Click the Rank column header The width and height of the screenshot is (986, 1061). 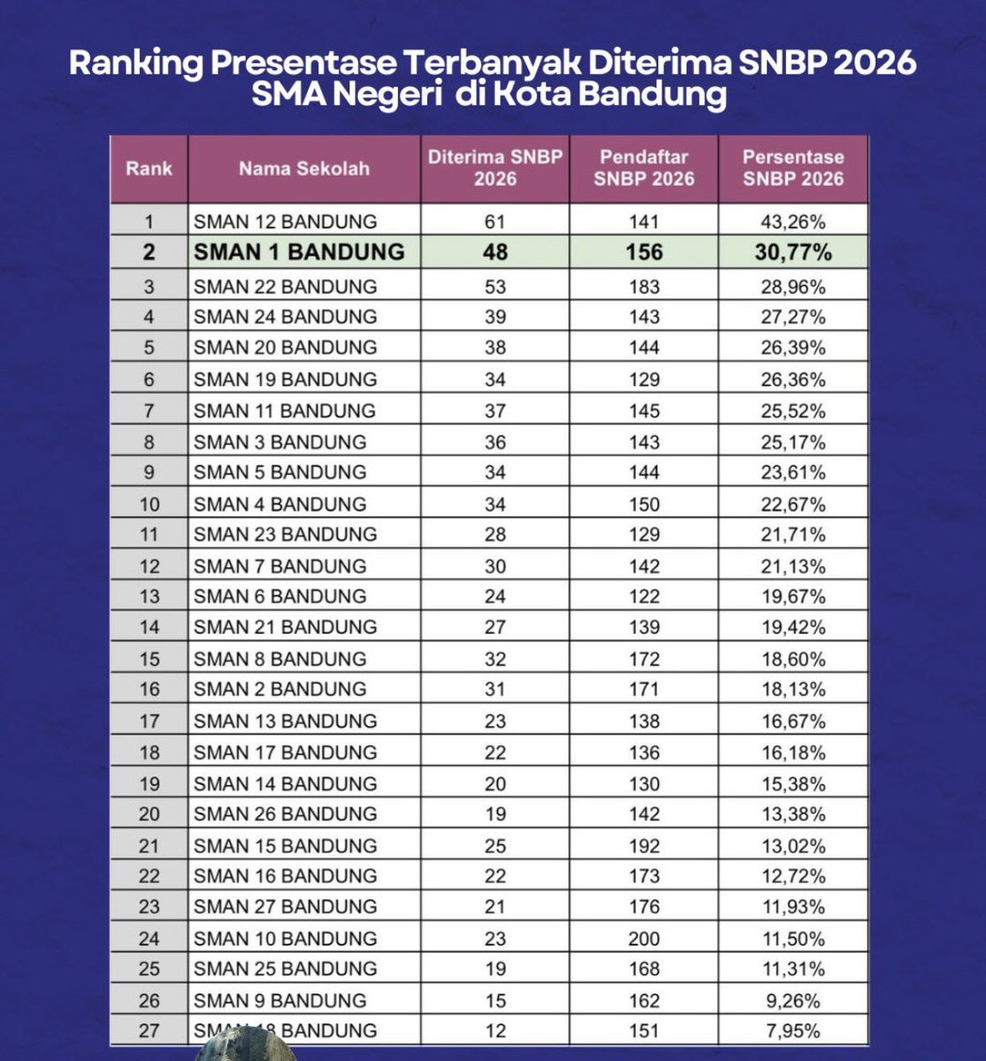149,168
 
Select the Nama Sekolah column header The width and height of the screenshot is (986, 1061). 303,168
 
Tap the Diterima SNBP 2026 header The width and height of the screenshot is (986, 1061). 495,168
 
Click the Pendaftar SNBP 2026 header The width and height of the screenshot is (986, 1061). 644,168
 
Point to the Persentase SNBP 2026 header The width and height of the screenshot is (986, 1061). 793,168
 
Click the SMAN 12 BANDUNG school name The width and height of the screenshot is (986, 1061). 286,221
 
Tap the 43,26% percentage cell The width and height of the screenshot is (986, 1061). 793,221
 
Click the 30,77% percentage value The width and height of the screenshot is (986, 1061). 793,252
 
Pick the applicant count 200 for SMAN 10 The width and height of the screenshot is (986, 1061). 644,938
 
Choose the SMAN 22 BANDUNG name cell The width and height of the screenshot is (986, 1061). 286,286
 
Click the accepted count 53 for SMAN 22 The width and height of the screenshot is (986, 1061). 495,286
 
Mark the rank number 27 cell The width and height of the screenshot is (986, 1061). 149,1030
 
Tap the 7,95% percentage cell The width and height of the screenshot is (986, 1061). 793,1030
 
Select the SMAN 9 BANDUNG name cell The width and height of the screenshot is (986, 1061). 279,1000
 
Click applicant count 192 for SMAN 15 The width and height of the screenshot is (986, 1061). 644,845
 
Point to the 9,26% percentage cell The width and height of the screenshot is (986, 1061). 793,1000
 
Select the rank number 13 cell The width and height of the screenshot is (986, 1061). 149,597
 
